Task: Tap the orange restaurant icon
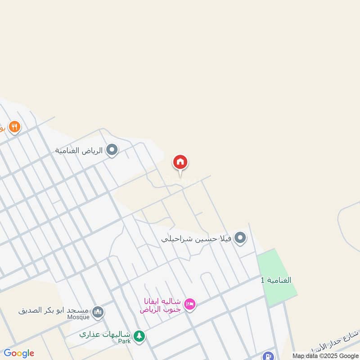click(x=14, y=127)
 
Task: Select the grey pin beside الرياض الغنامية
click(x=112, y=150)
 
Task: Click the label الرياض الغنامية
click(x=80, y=150)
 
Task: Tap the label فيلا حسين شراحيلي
click(x=196, y=238)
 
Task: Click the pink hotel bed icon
click(x=190, y=305)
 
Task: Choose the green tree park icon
click(x=139, y=336)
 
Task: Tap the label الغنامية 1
click(x=276, y=280)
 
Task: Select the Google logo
click(x=19, y=353)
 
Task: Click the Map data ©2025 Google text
click(x=325, y=355)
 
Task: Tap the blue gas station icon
click(x=269, y=356)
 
